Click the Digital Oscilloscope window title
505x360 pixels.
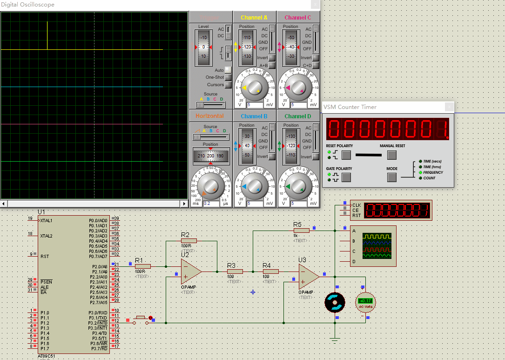click(28, 5)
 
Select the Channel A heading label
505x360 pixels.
click(254, 18)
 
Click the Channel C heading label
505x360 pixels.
click(298, 18)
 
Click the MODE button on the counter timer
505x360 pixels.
click(392, 177)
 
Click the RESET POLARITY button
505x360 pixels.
click(346, 155)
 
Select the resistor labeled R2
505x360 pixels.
click(189, 241)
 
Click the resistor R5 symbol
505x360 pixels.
click(301, 230)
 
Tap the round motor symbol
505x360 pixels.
click(335, 302)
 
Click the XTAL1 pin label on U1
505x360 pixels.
click(46, 220)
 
